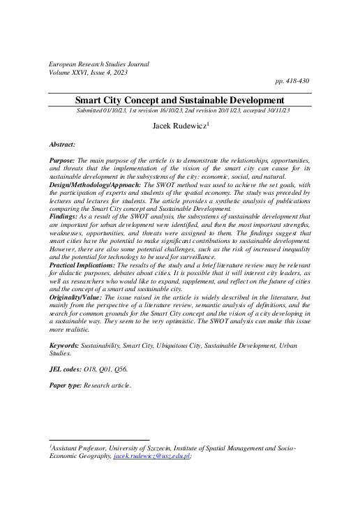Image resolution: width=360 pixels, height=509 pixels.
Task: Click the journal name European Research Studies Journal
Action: pyautogui.click(x=99, y=64)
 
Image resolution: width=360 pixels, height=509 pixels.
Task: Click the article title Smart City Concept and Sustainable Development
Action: pyautogui.click(x=179, y=101)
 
